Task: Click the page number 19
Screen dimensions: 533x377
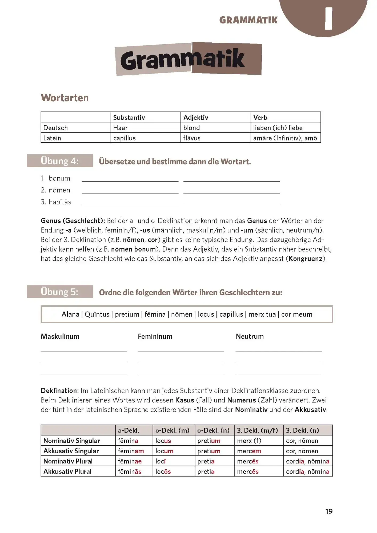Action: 329,511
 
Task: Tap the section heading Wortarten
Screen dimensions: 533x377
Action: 65,98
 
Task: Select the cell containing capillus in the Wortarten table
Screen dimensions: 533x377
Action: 146,138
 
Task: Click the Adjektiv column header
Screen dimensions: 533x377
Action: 215,117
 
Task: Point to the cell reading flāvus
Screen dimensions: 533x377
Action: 215,138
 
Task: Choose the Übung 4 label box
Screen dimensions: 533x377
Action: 60,161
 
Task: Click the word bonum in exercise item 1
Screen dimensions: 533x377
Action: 59,178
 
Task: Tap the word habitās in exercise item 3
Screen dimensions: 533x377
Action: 60,202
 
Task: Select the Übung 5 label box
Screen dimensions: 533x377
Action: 60,292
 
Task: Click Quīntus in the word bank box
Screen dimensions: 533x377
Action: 97,314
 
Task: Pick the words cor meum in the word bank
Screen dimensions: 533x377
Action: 297,314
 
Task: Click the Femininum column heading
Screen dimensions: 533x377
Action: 155,336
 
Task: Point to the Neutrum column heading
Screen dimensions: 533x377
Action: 250,336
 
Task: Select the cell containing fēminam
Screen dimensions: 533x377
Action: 134,451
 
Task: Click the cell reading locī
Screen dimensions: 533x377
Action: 174,461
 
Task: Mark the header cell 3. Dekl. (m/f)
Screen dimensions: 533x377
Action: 259,430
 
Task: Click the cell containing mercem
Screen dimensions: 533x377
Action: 259,451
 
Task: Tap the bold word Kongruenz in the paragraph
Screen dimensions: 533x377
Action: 305,259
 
